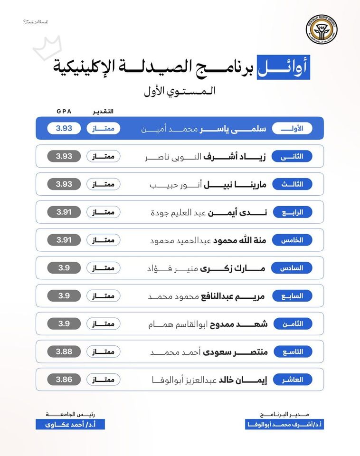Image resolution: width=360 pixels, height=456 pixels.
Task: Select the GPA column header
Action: [64, 111]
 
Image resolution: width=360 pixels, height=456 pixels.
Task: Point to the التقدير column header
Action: [102, 111]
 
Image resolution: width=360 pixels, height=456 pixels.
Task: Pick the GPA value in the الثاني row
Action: [64, 156]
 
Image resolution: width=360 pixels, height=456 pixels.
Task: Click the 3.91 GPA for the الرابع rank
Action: [64, 212]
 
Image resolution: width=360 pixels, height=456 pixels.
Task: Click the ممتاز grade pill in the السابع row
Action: [103, 296]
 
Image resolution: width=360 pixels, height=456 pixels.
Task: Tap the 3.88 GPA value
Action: [64, 351]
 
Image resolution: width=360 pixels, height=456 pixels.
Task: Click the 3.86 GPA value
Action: [64, 380]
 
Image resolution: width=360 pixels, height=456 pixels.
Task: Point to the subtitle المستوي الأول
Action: [180, 91]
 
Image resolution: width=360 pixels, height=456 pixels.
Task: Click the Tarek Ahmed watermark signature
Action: [36, 22]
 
